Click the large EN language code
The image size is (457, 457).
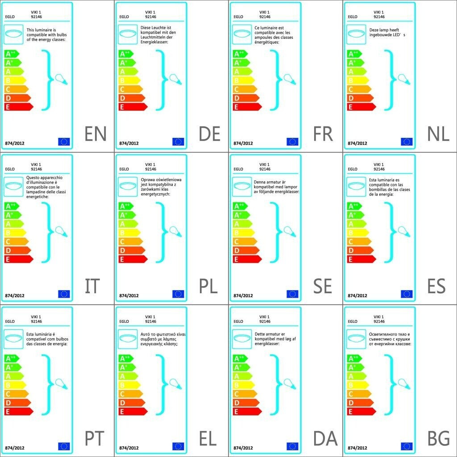96,134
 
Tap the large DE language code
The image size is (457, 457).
210,134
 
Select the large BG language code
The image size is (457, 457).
438,439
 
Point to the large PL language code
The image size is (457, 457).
208,287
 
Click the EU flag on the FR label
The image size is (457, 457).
292,142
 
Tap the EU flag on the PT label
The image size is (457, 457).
64,446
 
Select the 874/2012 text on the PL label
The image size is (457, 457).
129,295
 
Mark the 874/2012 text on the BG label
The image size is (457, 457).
357,448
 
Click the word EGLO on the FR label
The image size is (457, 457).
238,17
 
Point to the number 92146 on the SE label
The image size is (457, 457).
265,169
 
